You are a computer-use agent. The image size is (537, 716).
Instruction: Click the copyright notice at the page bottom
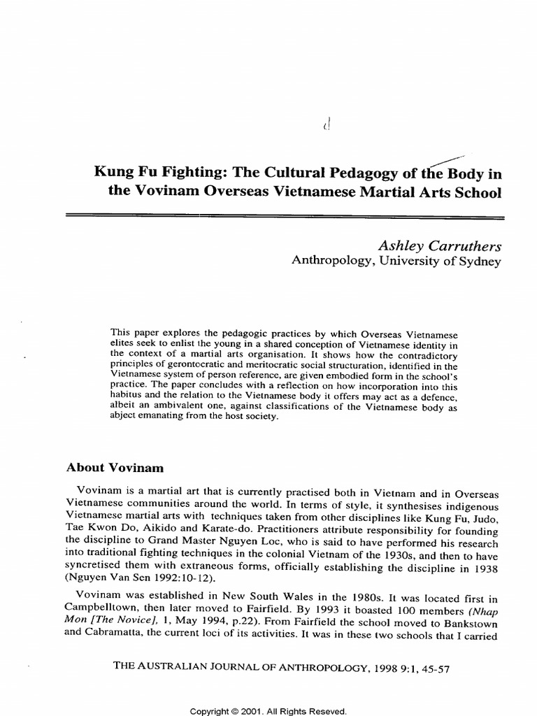click(x=269, y=710)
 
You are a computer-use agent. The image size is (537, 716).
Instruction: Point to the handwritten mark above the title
click(x=326, y=126)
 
